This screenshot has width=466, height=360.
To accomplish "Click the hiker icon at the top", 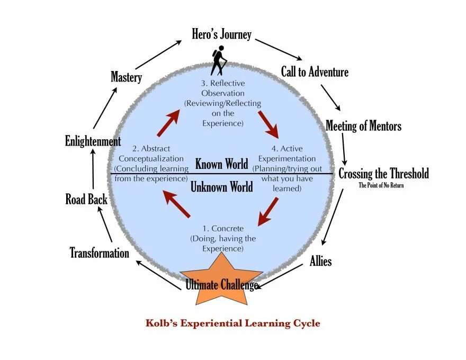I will (x=218, y=61).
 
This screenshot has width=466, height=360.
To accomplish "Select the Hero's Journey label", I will (x=221, y=35).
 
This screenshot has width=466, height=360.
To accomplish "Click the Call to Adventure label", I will (x=315, y=71).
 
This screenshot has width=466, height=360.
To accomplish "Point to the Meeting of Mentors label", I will (x=363, y=126).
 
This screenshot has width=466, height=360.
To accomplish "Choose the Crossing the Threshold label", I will (x=383, y=174).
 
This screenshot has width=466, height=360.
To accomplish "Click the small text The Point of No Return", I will (x=381, y=185).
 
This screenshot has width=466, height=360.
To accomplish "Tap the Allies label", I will (x=320, y=261).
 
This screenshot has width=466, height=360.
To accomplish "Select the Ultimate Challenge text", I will (x=221, y=285).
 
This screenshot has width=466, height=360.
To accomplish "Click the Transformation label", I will (x=100, y=253).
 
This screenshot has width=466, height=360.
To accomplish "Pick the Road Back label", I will (x=86, y=200).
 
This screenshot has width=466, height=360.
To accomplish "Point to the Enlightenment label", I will (x=93, y=141).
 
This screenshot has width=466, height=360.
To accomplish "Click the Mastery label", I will (x=126, y=77).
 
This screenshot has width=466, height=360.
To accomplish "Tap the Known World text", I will (x=221, y=164).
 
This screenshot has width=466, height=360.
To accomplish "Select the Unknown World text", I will (x=221, y=187).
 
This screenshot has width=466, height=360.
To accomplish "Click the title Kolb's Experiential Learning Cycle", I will (x=233, y=323).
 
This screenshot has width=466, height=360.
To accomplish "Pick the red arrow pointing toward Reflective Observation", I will (x=168, y=123).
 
